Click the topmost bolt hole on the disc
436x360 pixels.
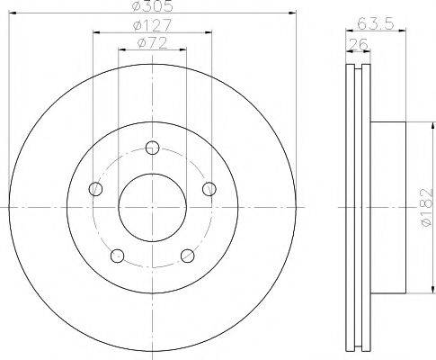(152, 148)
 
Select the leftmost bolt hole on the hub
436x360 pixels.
(95, 188)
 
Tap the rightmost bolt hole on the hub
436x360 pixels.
(209, 188)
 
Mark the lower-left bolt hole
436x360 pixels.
(116, 255)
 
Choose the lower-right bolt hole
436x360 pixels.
(188, 255)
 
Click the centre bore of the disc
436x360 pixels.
(152, 208)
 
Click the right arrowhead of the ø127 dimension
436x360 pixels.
(208, 33)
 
